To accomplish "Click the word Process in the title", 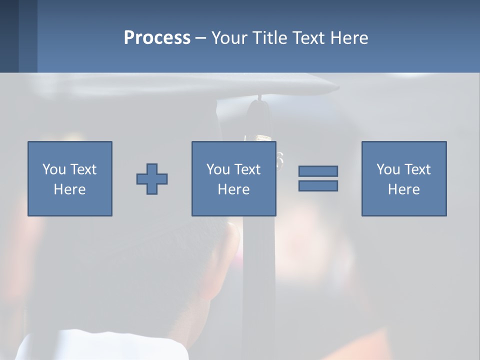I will tap(157, 38).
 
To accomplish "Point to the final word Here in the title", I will tap(350, 38).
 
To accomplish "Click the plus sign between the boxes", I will tap(152, 179).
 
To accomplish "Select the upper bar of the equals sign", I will tap(318, 171).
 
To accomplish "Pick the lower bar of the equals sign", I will tap(318, 185).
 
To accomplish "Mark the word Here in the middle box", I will tap(234, 189).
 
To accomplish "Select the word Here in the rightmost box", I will tap(404, 189).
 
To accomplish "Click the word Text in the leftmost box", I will tap(83, 169).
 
